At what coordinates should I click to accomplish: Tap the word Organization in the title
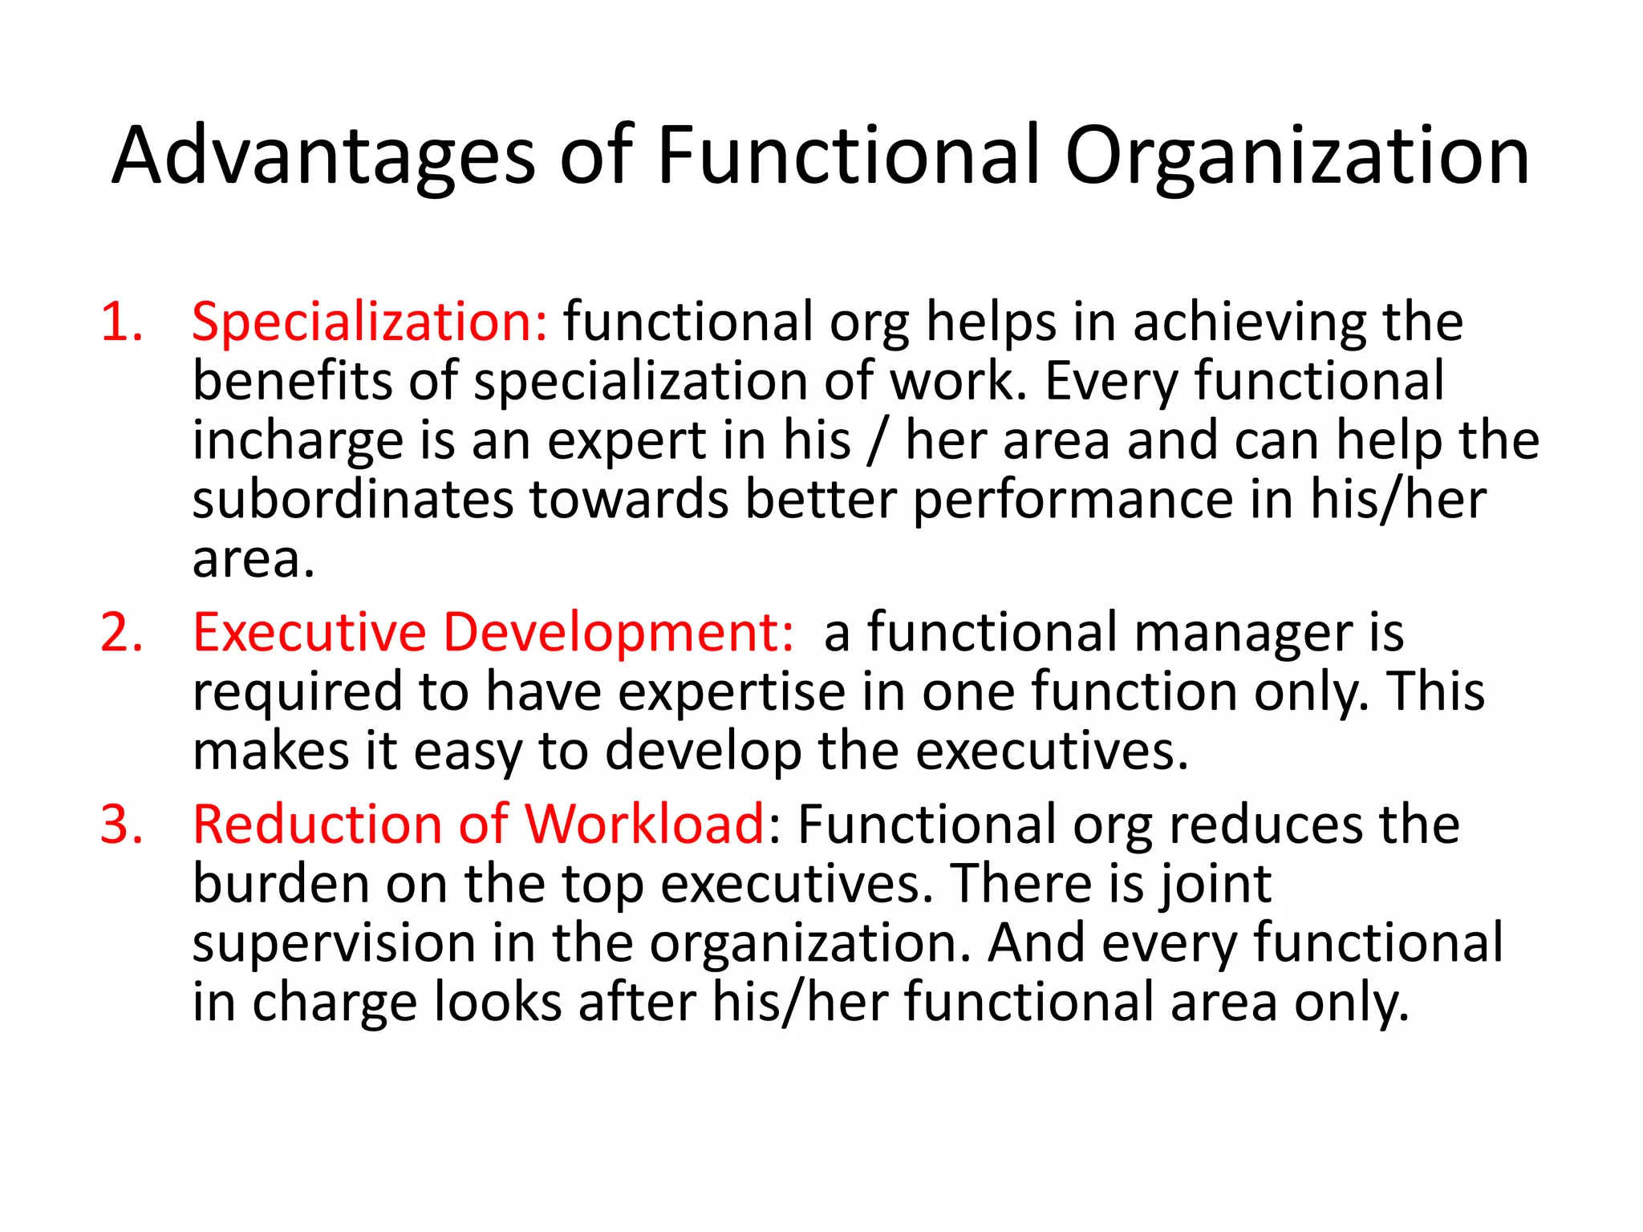[x=1296, y=158]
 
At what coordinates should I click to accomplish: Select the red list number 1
[x=121, y=322]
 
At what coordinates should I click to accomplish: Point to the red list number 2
[x=121, y=633]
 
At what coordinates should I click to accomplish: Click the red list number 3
[x=121, y=825]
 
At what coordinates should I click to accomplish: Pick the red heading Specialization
[x=370, y=322]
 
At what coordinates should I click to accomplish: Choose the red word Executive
[x=310, y=633]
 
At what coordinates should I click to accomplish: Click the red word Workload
[x=644, y=825]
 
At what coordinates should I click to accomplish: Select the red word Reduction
[x=316, y=825]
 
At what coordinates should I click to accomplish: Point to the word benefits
[x=292, y=381]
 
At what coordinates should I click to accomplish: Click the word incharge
[x=298, y=442]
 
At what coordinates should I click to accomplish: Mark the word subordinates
[x=352, y=500]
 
